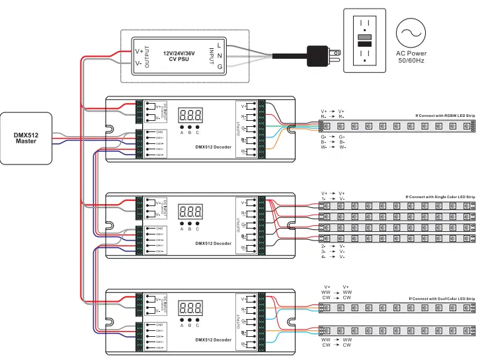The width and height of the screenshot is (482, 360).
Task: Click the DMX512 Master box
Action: pyautogui.click(x=26, y=138)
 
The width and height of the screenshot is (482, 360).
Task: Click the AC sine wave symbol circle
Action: pyautogui.click(x=411, y=32)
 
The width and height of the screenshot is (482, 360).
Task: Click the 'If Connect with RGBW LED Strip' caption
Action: pyautogui.click(x=445, y=116)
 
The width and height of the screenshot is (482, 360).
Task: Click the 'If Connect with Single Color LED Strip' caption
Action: pyautogui.click(x=440, y=197)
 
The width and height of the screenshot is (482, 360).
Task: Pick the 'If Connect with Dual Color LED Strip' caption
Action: pyautogui.click(x=442, y=299)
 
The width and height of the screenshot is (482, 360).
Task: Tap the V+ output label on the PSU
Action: pyautogui.click(x=139, y=50)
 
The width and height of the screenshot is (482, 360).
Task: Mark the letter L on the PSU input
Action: pyautogui.click(x=219, y=44)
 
